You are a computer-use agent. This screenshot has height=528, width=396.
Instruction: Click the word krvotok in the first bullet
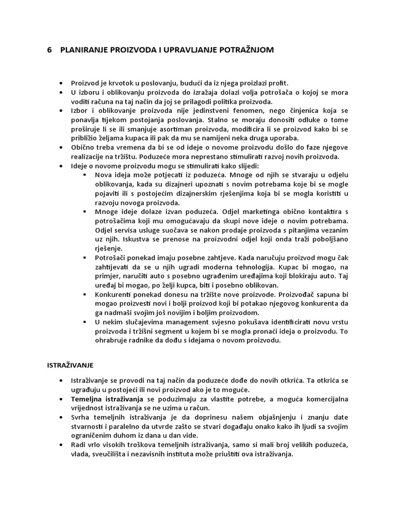[x=121, y=83]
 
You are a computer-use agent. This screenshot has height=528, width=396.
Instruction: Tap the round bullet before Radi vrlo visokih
[x=61, y=445]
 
